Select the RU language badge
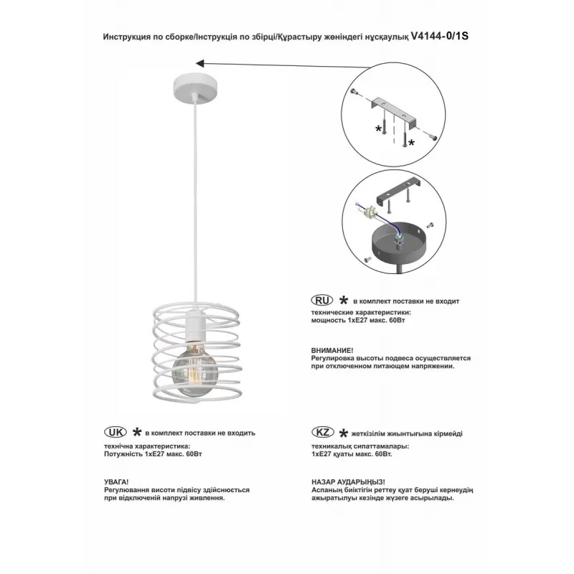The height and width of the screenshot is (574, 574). pyautogui.click(x=320, y=299)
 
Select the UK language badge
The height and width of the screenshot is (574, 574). pyautogui.click(x=115, y=433)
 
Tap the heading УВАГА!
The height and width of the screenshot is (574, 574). pyautogui.click(x=116, y=479)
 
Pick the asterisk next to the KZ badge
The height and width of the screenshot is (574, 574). pyautogui.click(x=343, y=433)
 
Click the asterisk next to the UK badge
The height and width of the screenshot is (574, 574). pyautogui.click(x=136, y=433)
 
